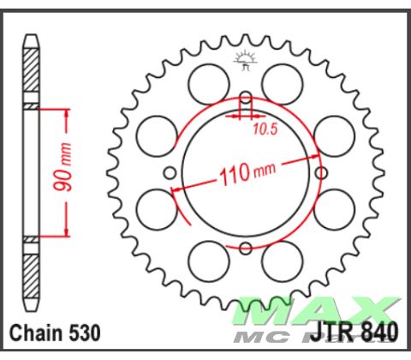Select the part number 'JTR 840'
358,331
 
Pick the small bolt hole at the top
246,97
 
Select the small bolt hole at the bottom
246,249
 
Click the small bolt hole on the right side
322,172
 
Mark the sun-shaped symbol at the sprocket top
246,59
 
